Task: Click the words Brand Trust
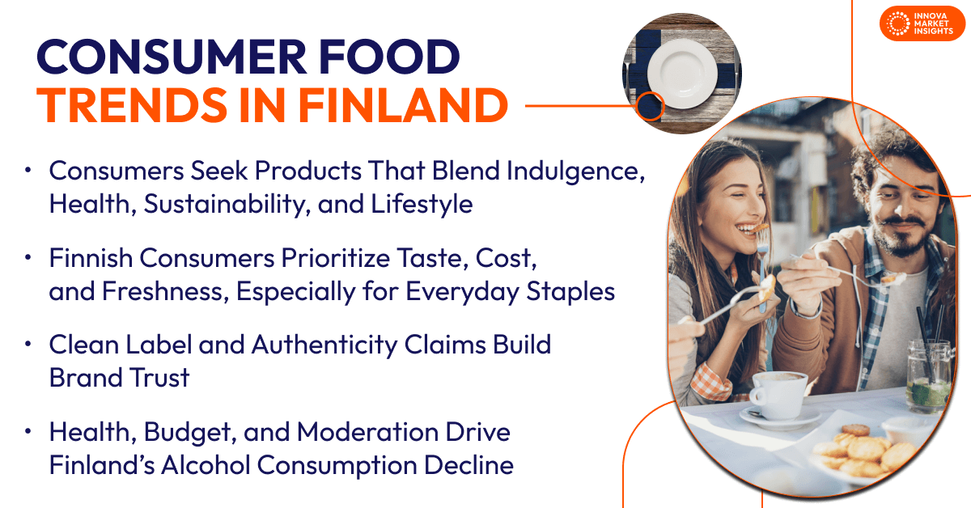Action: pyautogui.click(x=119, y=377)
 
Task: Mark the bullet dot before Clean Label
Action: pyautogui.click(x=29, y=343)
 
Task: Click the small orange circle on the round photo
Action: pyautogui.click(x=649, y=106)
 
